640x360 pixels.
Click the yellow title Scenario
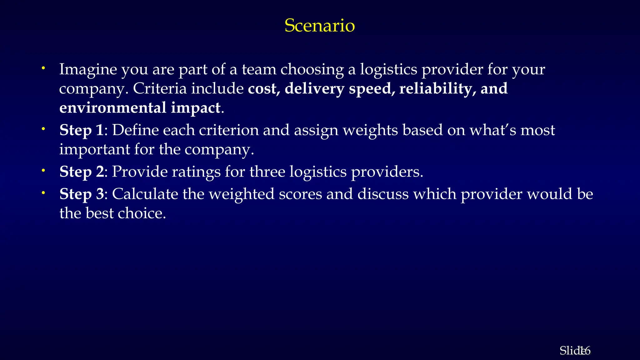pyautogui.click(x=319, y=25)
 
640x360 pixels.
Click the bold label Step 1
pyautogui.click(x=81, y=130)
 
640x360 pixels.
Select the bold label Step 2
pyautogui.click(x=82, y=172)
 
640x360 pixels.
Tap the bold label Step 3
pyautogui.click(x=82, y=194)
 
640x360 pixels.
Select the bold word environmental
pyautogui.click(x=113, y=108)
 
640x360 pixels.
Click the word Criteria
pyautogui.click(x=160, y=88)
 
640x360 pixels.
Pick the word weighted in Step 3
pyautogui.click(x=242, y=194)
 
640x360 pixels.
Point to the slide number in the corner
pyautogui.click(x=575, y=351)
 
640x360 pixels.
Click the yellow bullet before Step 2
pyautogui.click(x=44, y=171)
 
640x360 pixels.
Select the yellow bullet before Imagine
pyautogui.click(x=44, y=68)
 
